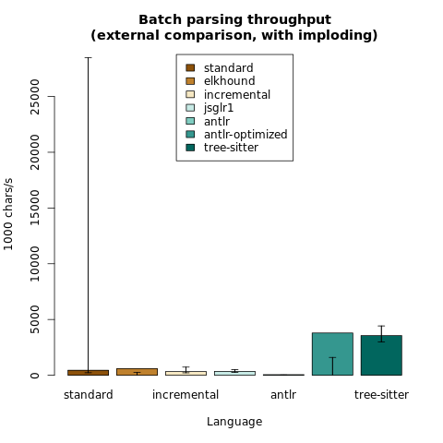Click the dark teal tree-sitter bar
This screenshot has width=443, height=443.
(381, 355)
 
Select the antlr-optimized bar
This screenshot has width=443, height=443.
(332, 353)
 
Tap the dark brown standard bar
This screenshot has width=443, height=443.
(89, 373)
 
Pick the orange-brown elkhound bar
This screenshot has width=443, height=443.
(137, 372)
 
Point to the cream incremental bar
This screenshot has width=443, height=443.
(186, 373)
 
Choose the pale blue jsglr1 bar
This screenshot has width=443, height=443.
(234, 373)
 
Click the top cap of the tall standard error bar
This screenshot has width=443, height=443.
(89, 57)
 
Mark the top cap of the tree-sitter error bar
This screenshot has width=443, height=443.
(381, 326)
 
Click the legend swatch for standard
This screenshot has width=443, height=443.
(190, 67)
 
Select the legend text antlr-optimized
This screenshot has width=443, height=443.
(245, 135)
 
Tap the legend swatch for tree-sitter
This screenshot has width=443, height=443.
(190, 148)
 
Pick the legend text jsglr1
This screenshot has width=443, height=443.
(219, 108)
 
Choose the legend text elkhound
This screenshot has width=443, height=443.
(230, 81)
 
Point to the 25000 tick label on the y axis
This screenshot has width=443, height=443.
(35, 97)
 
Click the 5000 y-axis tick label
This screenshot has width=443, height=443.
(35, 319)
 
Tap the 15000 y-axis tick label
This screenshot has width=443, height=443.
(35, 208)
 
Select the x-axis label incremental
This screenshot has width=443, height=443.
(186, 395)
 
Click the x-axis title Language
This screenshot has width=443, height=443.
(234, 422)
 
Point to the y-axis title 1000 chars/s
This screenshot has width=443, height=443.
(8, 214)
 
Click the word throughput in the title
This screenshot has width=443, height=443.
(289, 20)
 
